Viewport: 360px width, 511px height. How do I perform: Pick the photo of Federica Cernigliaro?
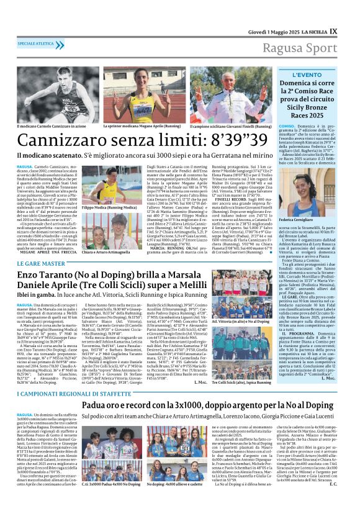324,197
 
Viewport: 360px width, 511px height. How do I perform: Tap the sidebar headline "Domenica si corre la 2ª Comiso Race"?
323,103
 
